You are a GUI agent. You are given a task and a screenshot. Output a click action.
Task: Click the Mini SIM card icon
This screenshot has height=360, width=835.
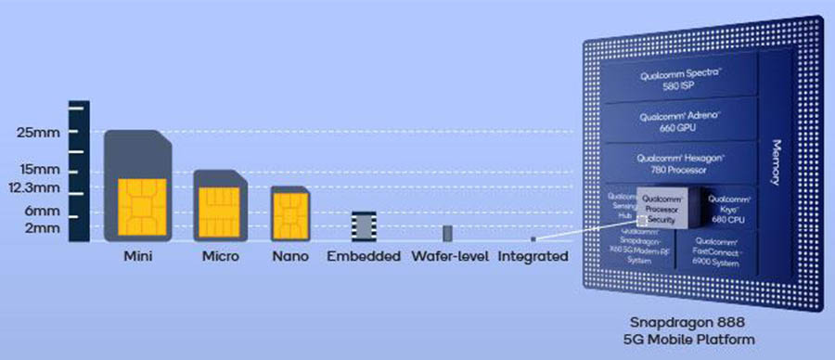[x=138, y=186]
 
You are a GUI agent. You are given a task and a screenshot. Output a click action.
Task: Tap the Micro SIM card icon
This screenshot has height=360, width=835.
[x=217, y=206]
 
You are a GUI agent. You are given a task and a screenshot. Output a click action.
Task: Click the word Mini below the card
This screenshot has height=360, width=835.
[x=138, y=256]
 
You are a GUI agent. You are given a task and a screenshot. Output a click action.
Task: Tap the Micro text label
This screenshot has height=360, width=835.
[x=218, y=256]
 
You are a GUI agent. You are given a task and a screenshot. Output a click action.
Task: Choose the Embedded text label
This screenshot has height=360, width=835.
[x=364, y=256]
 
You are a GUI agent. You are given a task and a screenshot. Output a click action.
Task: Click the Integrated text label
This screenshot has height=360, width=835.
[x=533, y=256]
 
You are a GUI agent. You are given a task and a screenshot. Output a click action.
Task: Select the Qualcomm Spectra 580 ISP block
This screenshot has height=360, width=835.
[x=679, y=79]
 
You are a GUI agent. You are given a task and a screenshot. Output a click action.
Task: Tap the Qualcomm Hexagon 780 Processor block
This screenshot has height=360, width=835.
[x=679, y=164]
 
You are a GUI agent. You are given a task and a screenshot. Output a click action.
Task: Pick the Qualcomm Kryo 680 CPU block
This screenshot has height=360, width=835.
[x=729, y=206]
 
